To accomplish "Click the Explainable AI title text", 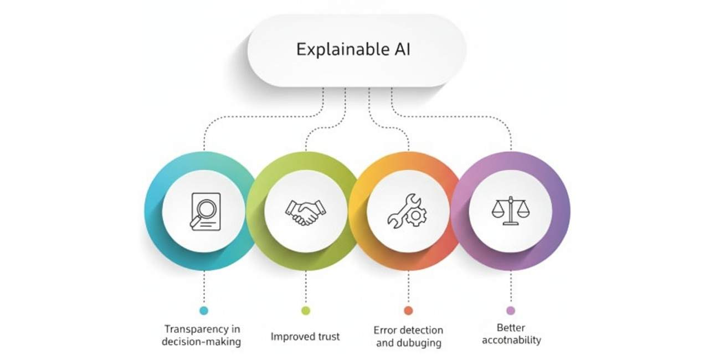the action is tap(353, 50).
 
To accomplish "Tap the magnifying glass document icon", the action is tap(205, 212).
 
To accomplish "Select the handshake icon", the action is tap(305, 212).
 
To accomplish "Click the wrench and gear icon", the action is tap(407, 211).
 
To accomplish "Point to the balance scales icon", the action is tap(511, 210).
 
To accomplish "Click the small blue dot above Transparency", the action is tap(204, 311).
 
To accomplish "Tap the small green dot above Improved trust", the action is tap(306, 311).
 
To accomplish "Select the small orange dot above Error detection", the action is tap(408, 311).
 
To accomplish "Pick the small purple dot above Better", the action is tap(511, 311).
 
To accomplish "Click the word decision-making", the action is tap(201, 342).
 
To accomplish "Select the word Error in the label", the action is tap(384, 330).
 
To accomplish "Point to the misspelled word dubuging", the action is tap(419, 343).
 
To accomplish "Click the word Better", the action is tap(511, 328).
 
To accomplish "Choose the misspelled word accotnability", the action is tap(511, 341).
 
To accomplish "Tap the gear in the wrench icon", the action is tap(416, 215).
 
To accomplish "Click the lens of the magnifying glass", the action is tap(207, 209).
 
